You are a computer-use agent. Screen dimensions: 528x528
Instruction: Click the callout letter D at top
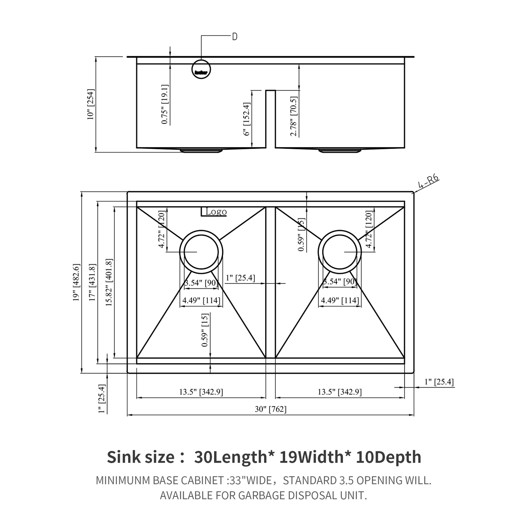coord(234,37)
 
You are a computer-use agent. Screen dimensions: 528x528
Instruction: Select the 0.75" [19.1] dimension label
coord(164,104)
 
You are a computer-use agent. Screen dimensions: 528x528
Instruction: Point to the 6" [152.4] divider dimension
coord(247,119)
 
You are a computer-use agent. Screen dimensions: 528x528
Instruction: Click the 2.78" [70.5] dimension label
coord(294,116)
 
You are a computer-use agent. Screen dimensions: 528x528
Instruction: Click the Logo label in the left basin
coord(216,212)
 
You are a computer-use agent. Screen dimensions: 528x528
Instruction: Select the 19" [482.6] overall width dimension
coord(76,282)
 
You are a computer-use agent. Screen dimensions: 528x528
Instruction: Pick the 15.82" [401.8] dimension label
coord(109,282)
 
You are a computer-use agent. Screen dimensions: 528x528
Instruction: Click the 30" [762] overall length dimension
coord(271,409)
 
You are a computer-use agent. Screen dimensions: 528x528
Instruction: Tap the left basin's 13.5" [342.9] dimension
coord(201,392)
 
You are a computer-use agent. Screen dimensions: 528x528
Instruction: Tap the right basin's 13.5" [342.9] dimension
coord(339,392)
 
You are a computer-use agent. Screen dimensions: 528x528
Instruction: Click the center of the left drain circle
coord(201,252)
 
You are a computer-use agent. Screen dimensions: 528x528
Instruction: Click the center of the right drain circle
coord(340,252)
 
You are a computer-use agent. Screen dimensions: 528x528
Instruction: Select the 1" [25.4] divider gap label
coord(240,278)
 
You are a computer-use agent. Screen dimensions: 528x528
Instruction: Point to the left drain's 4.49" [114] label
coord(201,300)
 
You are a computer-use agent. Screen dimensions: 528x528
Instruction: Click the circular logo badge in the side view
coord(201,69)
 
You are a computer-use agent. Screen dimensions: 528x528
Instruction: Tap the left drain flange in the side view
coord(201,151)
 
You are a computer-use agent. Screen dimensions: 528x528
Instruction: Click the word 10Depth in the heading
coord(388,457)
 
